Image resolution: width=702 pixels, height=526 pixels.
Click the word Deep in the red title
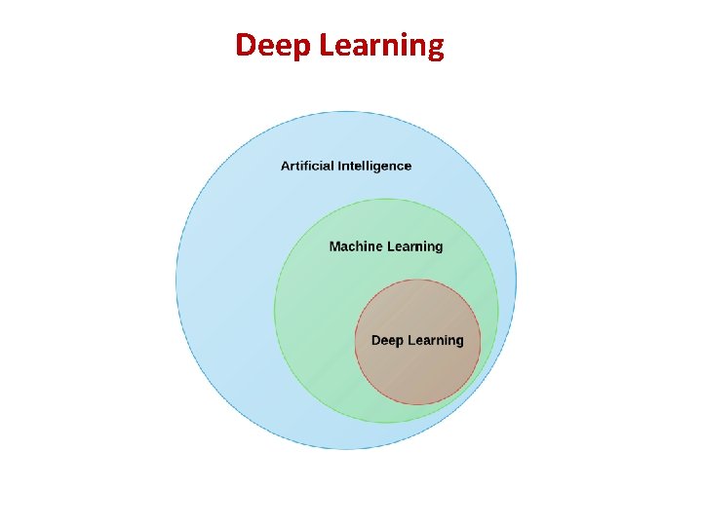tap(269, 46)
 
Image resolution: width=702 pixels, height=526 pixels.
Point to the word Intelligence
tap(374, 166)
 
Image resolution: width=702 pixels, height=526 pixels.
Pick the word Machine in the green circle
tap(355, 246)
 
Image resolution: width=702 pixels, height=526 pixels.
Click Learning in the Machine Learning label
tap(414, 246)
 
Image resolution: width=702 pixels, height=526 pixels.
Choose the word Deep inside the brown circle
tap(387, 340)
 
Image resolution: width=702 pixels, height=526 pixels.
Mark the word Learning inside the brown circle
tap(436, 340)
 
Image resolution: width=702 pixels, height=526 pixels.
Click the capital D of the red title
tap(246, 45)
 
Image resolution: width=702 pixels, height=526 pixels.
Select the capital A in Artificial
tap(286, 166)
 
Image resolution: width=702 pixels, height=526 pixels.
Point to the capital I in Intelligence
tap(337, 166)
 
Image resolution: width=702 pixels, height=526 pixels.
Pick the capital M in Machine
tap(335, 246)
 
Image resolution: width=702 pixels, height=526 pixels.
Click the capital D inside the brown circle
tap(376, 340)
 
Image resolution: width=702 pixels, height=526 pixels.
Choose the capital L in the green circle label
tap(390, 246)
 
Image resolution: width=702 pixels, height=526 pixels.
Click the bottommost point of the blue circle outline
tap(346, 450)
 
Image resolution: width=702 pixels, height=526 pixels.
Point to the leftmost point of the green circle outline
tap(274, 311)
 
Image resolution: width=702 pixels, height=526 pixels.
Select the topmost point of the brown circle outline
tap(417, 280)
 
